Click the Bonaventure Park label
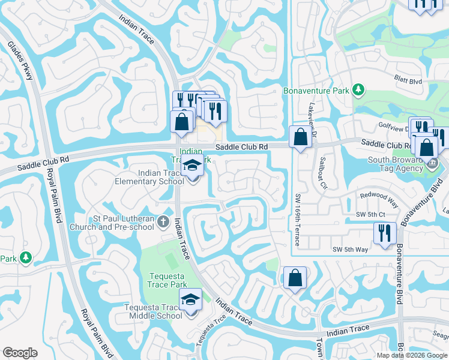click(x=316, y=91)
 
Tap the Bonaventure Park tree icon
click(x=358, y=91)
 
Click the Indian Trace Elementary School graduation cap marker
click(x=192, y=166)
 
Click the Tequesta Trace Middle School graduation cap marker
click(x=190, y=298)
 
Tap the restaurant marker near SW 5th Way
click(x=384, y=233)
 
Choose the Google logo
click(x=20, y=353)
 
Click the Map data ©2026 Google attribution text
click(x=412, y=355)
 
